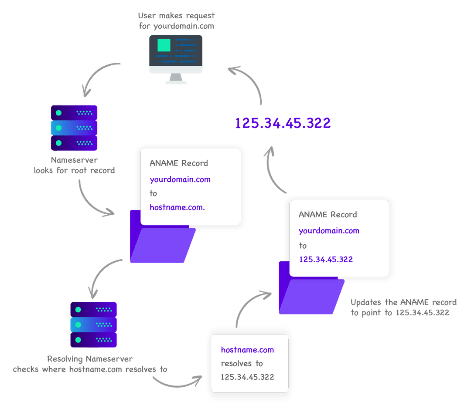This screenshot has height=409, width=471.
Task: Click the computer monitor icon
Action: (x=176, y=58)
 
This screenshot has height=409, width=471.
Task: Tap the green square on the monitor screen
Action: (x=164, y=45)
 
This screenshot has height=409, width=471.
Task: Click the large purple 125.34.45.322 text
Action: (x=283, y=123)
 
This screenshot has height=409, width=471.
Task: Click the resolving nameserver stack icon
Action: (x=93, y=324)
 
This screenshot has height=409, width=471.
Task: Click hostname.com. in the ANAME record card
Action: (x=177, y=207)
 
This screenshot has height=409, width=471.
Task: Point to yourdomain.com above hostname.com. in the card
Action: (x=180, y=179)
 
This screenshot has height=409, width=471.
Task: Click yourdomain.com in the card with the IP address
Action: (x=329, y=230)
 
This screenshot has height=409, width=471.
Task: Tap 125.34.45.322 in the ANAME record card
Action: (x=326, y=259)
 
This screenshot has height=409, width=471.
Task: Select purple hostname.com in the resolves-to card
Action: (x=247, y=350)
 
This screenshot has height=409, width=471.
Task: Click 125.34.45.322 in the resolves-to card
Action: (x=247, y=377)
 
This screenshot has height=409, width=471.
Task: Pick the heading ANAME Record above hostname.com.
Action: (x=179, y=163)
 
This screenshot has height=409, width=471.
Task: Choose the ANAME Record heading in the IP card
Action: (x=328, y=214)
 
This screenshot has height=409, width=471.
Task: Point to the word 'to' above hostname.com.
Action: (x=153, y=193)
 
